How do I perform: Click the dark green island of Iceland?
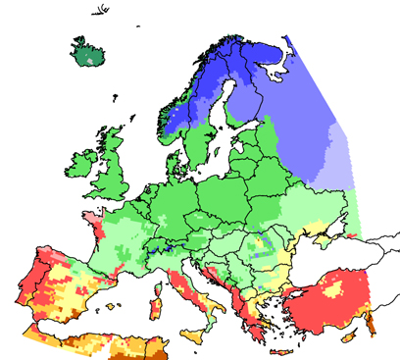pyautogui.click(x=86, y=51)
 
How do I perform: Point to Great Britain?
pyautogui.click(x=116, y=167)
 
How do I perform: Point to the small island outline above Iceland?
pyautogui.click(x=100, y=14)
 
